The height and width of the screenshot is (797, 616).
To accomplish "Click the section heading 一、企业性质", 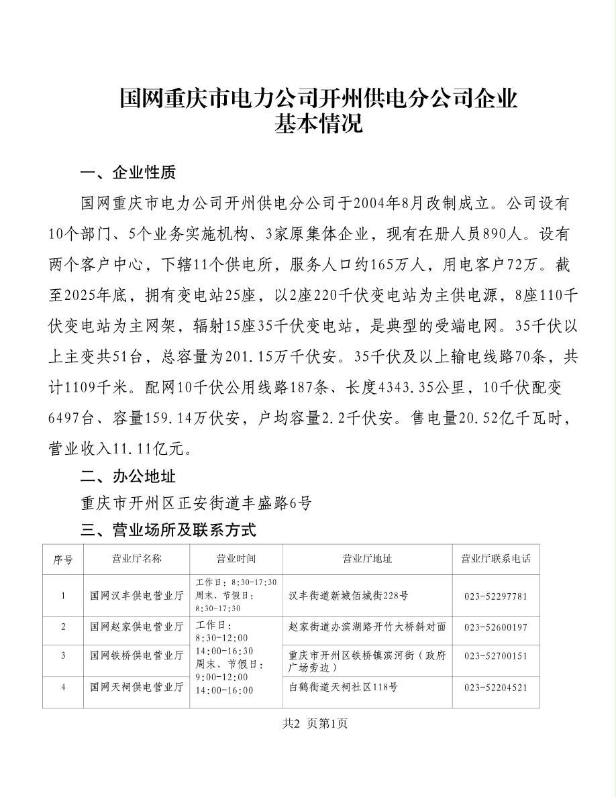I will (x=127, y=173).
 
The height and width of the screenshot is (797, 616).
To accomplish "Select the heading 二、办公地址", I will (x=127, y=476).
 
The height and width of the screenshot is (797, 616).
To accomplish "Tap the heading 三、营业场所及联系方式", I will (x=168, y=530).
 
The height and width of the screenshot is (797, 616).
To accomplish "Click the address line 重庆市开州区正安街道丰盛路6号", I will (x=196, y=503).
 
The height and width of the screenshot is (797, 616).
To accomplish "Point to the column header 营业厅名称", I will (x=136, y=559).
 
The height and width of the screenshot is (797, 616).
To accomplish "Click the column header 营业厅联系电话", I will (x=495, y=559).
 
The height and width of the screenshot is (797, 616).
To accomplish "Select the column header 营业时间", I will (x=236, y=559).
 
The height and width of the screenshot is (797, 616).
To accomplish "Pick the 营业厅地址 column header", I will (x=367, y=559).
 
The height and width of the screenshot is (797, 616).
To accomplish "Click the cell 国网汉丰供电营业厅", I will (x=137, y=596).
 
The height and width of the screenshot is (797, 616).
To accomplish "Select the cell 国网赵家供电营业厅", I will (x=137, y=627).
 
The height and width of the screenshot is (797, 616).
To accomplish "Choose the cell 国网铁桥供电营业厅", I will (x=137, y=655).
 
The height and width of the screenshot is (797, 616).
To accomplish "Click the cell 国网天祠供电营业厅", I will (x=137, y=687).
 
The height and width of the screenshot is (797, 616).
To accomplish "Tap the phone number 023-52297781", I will (x=495, y=596).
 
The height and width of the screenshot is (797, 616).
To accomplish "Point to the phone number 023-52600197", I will (x=495, y=627).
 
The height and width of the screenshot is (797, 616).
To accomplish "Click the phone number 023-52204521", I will (x=495, y=687).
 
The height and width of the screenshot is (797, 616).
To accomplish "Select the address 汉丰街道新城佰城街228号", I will (x=348, y=596).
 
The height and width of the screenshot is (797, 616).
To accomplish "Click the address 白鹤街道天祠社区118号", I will (x=343, y=687).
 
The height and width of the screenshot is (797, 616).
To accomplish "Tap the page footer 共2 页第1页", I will (x=315, y=723).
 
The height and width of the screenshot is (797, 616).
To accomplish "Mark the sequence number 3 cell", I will (x=63, y=655).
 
